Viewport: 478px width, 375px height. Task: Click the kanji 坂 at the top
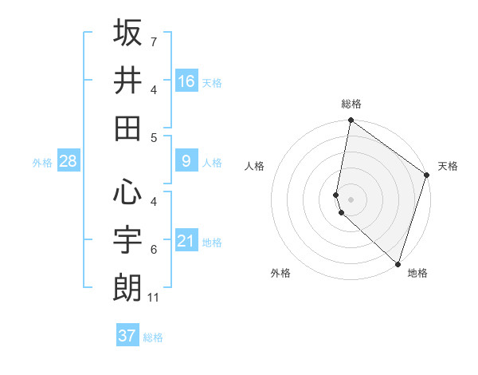click(x=127, y=33)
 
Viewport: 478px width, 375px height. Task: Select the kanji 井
click(x=127, y=81)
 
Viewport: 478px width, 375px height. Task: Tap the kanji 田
click(x=127, y=128)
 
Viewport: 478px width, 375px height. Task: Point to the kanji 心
click(x=127, y=191)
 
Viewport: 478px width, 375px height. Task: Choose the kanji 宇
click(x=127, y=239)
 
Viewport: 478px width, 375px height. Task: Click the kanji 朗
click(x=127, y=287)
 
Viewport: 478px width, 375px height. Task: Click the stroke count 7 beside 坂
click(x=153, y=41)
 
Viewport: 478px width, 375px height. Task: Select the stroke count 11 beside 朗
click(x=155, y=298)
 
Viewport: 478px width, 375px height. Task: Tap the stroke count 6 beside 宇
click(x=153, y=249)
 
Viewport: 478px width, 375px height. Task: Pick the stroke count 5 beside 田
click(x=153, y=137)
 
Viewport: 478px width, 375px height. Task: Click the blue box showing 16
click(x=186, y=81)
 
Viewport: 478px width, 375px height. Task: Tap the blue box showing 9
click(x=186, y=161)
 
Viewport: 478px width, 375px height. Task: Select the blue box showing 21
click(x=186, y=241)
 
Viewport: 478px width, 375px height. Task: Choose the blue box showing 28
click(x=69, y=161)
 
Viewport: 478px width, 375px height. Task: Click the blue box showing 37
click(x=127, y=336)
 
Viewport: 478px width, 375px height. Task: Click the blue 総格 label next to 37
click(x=153, y=337)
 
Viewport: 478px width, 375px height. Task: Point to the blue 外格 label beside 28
click(x=42, y=163)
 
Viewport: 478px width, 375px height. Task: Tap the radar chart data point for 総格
click(x=351, y=121)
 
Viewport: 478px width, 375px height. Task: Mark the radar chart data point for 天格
click(x=427, y=176)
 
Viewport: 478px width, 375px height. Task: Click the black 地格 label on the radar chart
click(x=417, y=273)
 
